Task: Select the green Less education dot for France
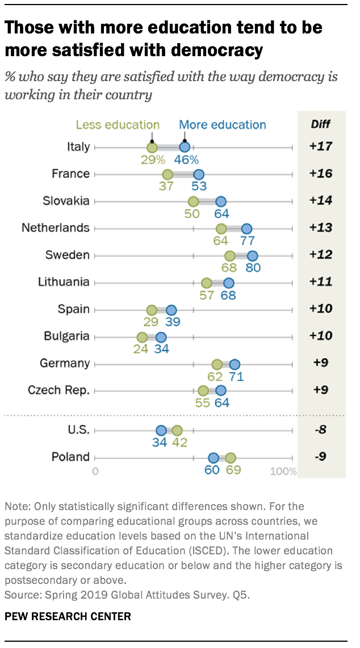168,174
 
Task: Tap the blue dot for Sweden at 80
253,255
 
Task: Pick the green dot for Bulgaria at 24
141,336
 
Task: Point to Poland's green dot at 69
231,458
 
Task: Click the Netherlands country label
56,228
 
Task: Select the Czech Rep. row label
58,390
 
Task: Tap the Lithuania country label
64,282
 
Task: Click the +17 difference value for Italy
320,146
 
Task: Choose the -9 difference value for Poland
321,457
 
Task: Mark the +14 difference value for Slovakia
320,200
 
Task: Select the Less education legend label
118,125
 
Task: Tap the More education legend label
222,125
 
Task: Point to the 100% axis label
283,472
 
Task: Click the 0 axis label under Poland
95,472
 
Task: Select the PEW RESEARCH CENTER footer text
68,616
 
